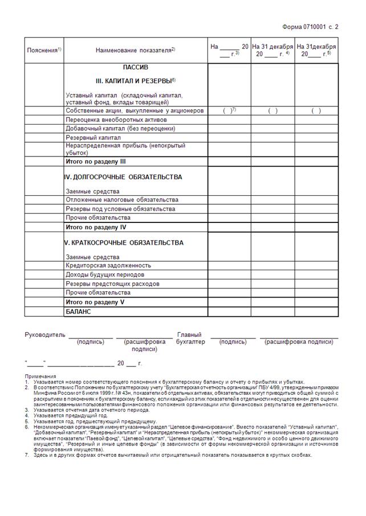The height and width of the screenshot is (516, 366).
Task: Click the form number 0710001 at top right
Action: click(310, 27)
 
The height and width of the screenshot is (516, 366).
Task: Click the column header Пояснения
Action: click(43, 51)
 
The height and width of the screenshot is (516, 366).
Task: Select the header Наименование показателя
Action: click(135, 51)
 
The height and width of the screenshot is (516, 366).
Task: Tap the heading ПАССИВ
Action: click(135, 68)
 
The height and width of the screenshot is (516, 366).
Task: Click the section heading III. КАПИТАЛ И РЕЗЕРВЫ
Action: click(135, 81)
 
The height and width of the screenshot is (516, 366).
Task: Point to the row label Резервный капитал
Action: click(93, 138)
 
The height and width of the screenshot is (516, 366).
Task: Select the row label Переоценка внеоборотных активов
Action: click(116, 120)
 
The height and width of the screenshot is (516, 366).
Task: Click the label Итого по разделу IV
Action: click(96, 227)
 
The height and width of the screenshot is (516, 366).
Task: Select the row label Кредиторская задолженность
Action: click(108, 266)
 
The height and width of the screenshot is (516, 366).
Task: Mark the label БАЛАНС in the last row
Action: click(79, 312)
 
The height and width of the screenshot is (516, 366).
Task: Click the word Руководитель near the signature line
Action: click(45, 335)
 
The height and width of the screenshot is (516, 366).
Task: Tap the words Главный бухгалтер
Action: click(190, 339)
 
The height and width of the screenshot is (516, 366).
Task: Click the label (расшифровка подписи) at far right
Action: click(299, 342)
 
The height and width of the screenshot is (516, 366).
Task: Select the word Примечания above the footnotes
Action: click(40, 377)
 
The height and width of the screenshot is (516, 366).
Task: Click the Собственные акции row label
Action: click(135, 111)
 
